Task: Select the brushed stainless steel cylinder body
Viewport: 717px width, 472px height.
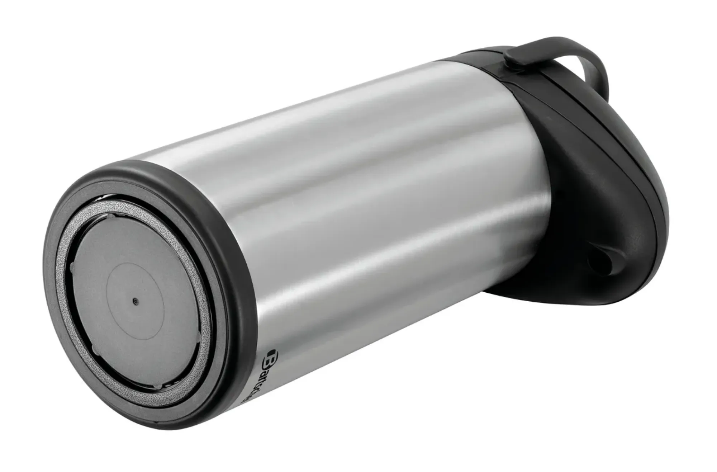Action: [x=358, y=215]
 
